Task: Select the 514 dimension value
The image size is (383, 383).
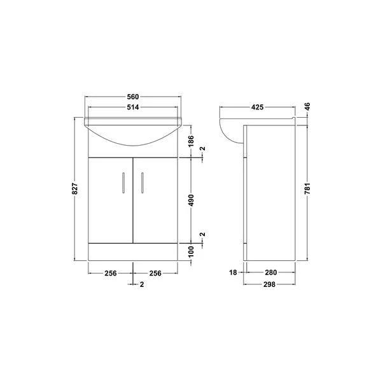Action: [132, 108]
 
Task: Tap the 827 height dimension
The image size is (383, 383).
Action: [74, 189]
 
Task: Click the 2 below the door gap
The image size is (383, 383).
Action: [141, 284]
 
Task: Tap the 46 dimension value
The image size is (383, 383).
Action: [307, 108]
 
